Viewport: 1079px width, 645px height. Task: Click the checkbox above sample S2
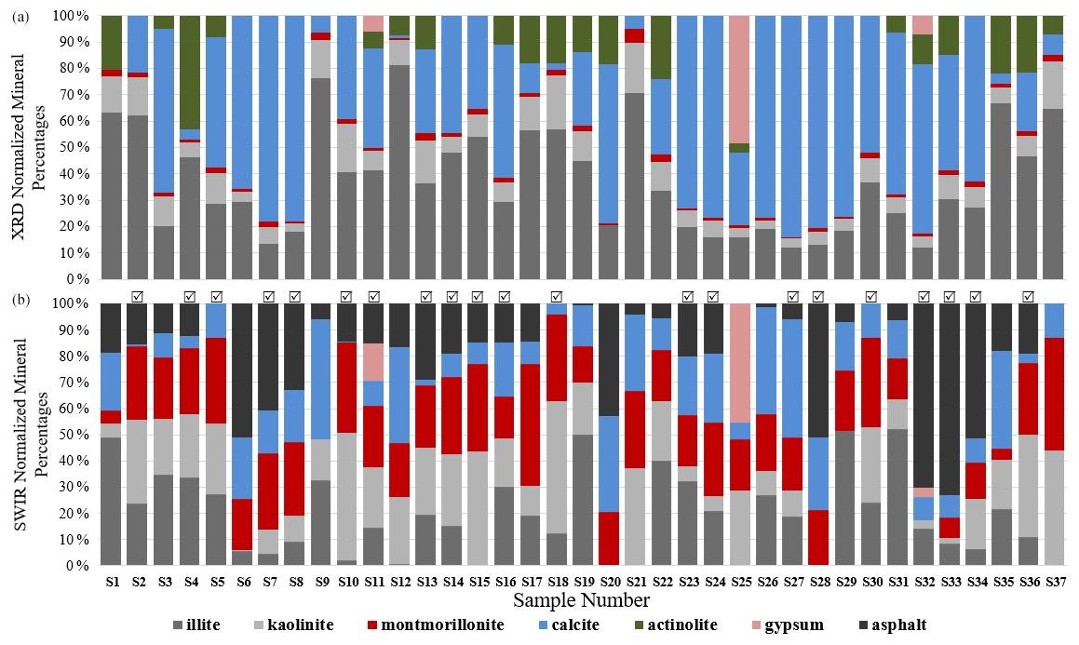tap(138, 296)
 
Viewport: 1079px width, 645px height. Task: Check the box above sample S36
tap(1028, 296)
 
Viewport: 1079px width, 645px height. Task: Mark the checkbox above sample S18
tap(557, 296)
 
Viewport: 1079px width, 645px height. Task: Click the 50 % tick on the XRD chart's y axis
tap(76, 147)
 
